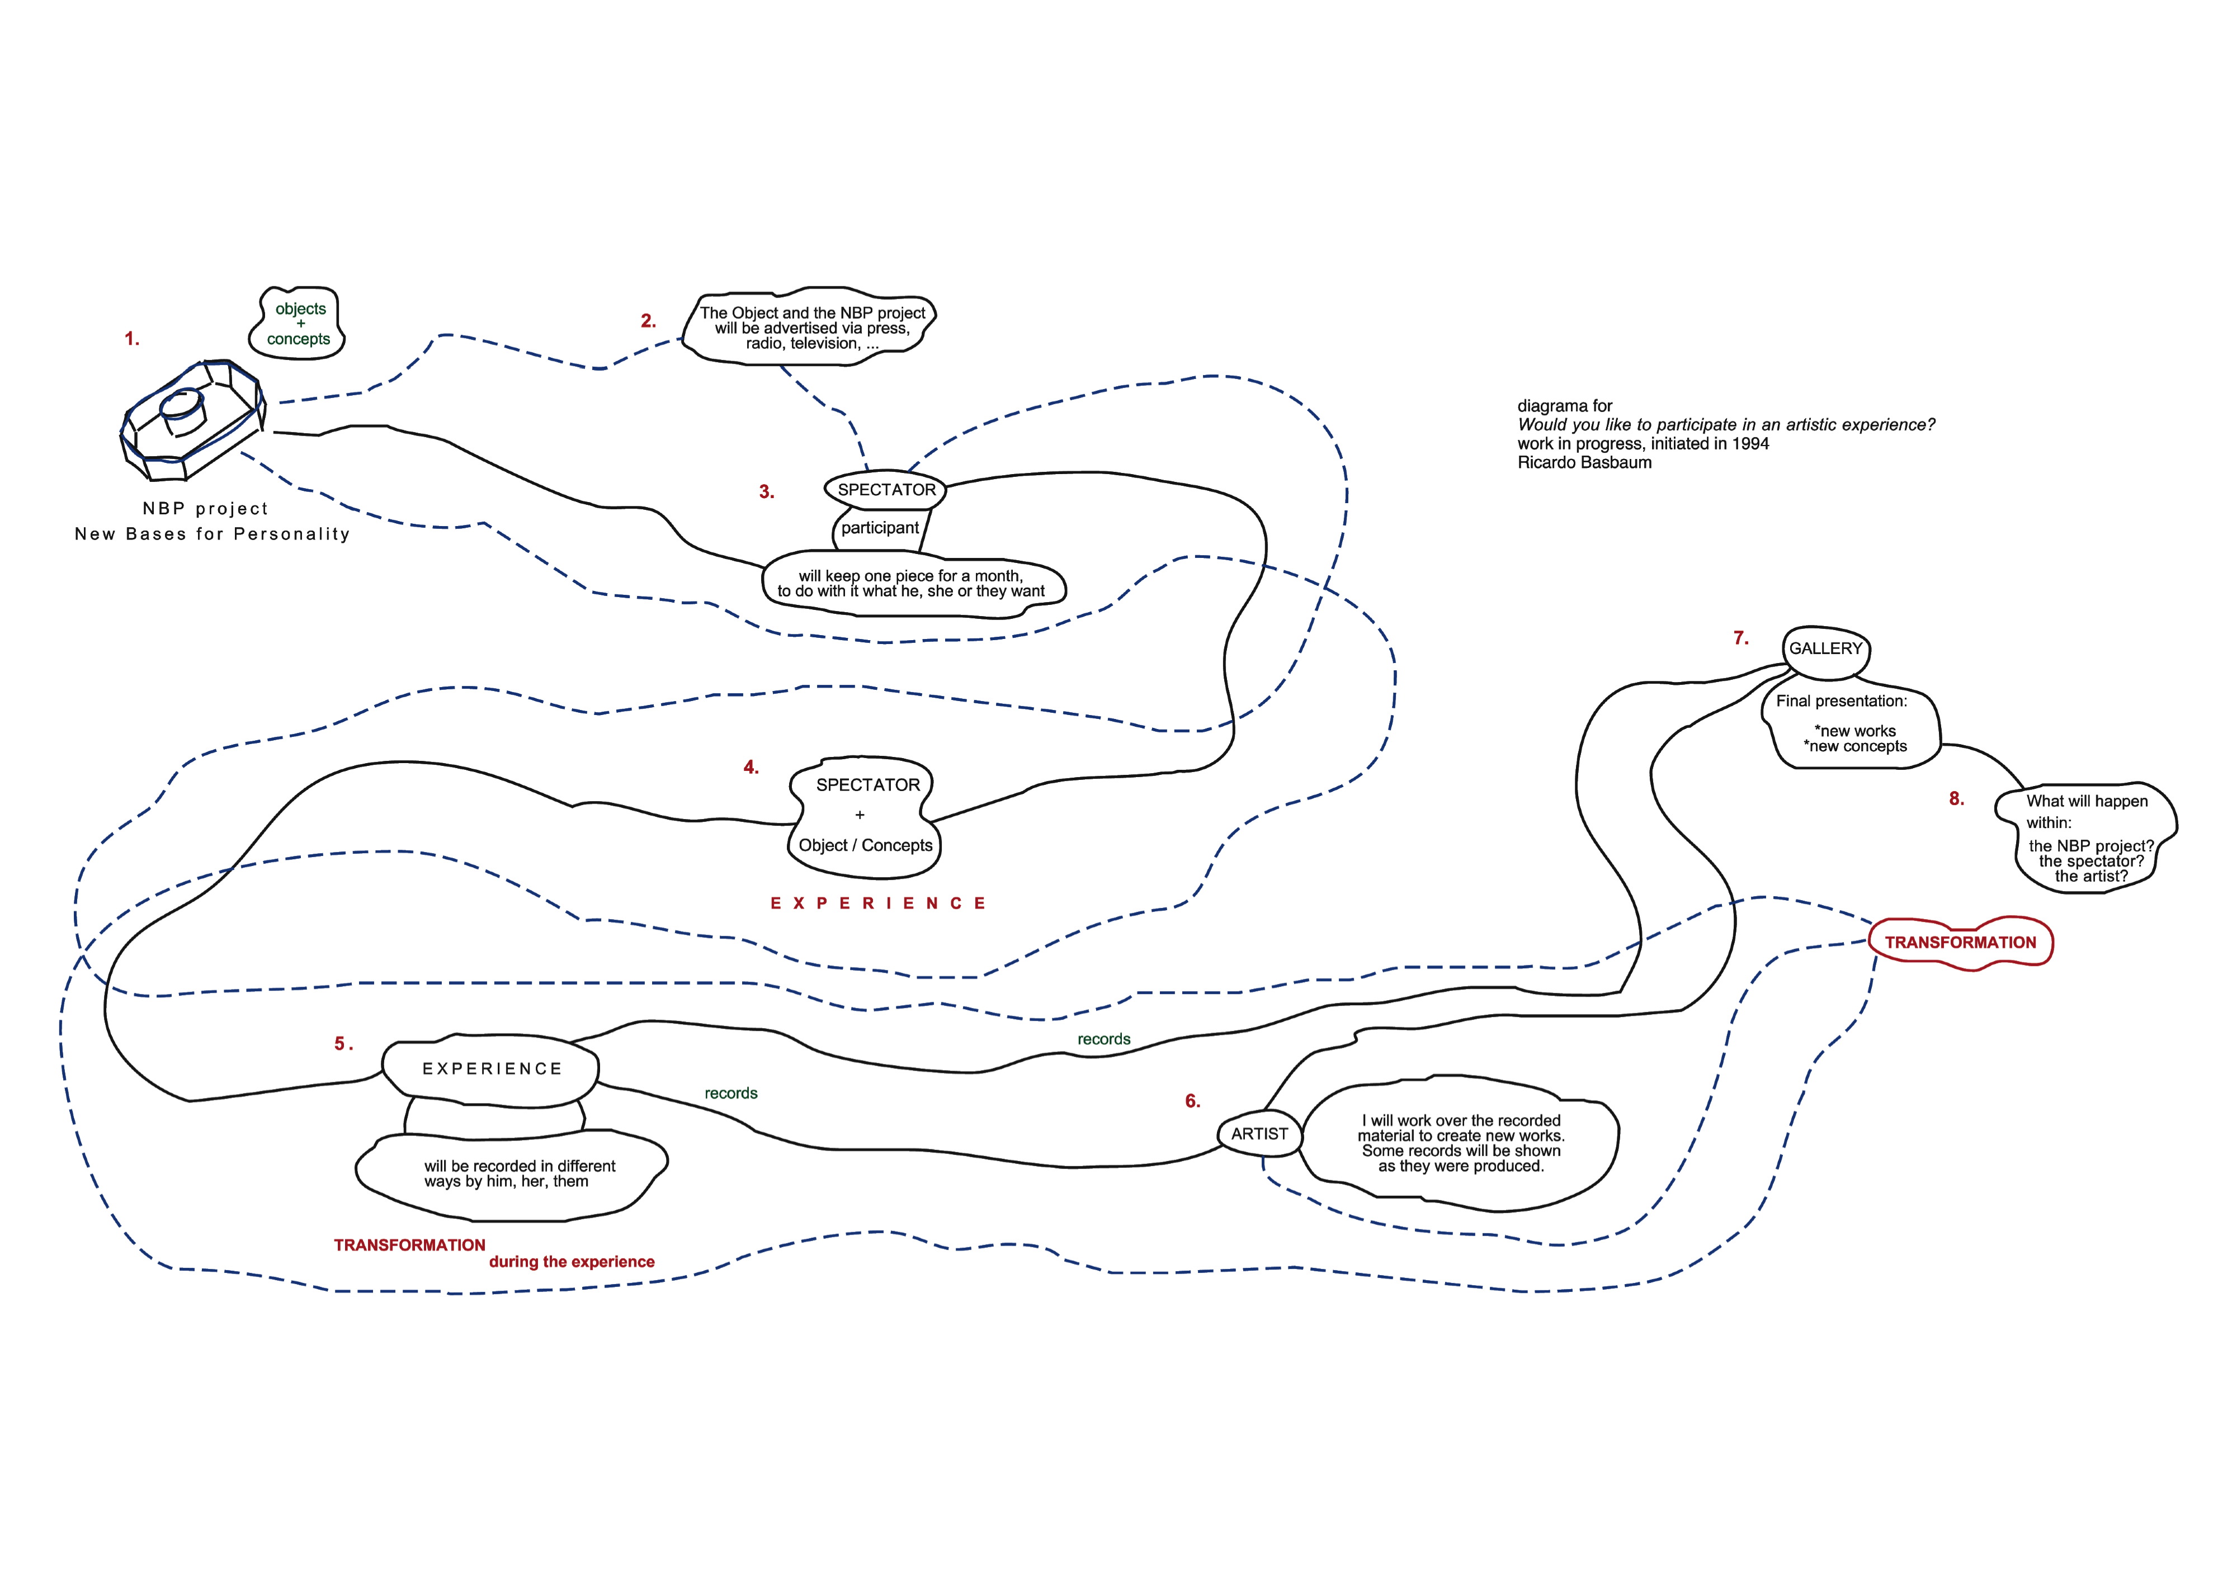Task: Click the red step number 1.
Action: [131, 339]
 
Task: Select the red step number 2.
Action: [648, 320]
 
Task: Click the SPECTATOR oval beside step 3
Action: [886, 489]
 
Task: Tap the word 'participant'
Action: [880, 528]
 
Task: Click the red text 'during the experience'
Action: [572, 1261]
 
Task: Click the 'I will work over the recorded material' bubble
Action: [1460, 1144]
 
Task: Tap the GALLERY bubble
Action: [1826, 649]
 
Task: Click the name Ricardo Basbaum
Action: [1584, 463]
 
